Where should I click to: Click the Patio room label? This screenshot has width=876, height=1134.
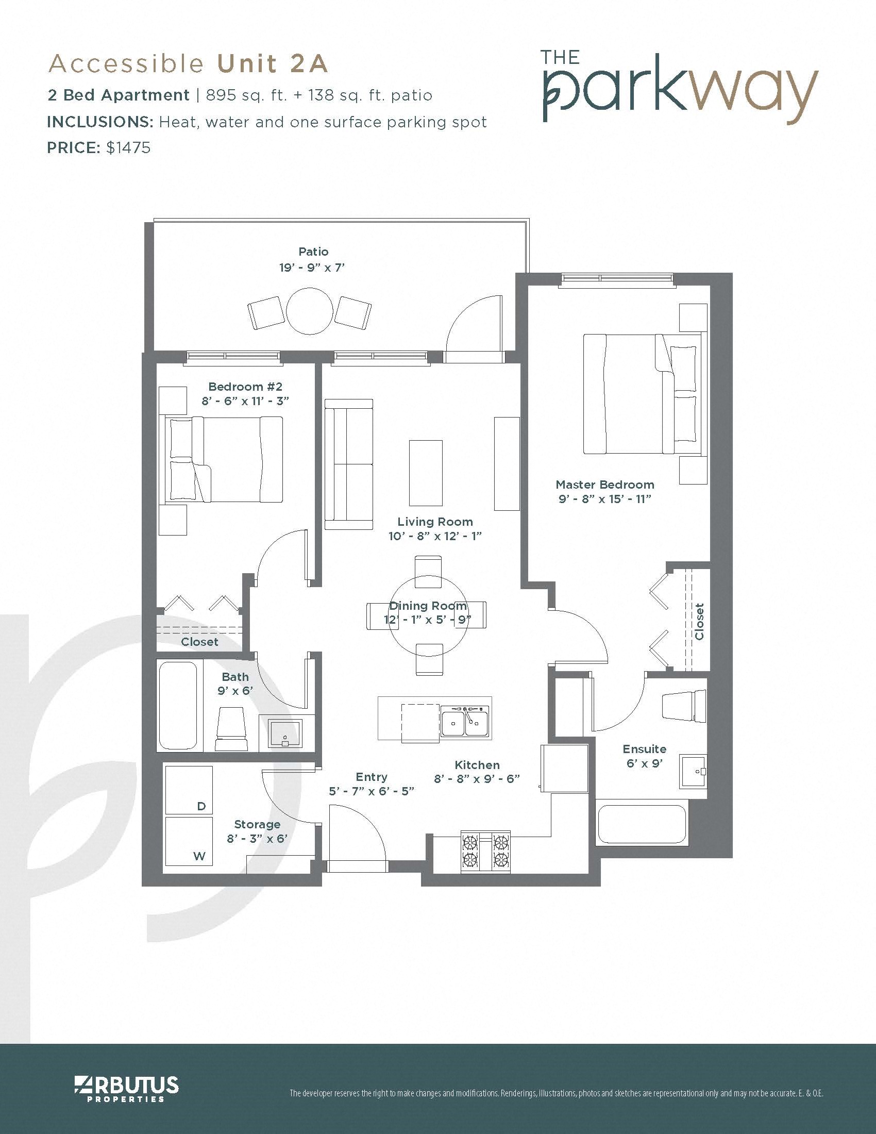coord(313,252)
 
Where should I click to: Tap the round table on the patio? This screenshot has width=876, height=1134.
coord(310,310)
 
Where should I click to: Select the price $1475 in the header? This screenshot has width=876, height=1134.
coord(128,148)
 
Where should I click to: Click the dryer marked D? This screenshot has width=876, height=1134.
coord(189,790)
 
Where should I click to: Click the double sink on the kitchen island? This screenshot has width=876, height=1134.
coord(464,722)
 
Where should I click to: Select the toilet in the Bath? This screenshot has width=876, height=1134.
coord(231,728)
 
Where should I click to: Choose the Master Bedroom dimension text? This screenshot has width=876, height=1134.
coord(604,499)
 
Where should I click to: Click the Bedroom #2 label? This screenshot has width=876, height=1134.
coord(245,386)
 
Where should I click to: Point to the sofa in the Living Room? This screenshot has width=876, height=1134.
coord(349,464)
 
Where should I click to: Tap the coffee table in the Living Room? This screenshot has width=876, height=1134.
coord(426,473)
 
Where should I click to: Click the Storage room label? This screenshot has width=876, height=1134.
coord(257,824)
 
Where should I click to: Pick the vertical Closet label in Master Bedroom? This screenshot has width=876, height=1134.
coord(700,622)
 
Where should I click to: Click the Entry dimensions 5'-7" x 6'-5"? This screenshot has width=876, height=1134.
coord(371,791)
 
